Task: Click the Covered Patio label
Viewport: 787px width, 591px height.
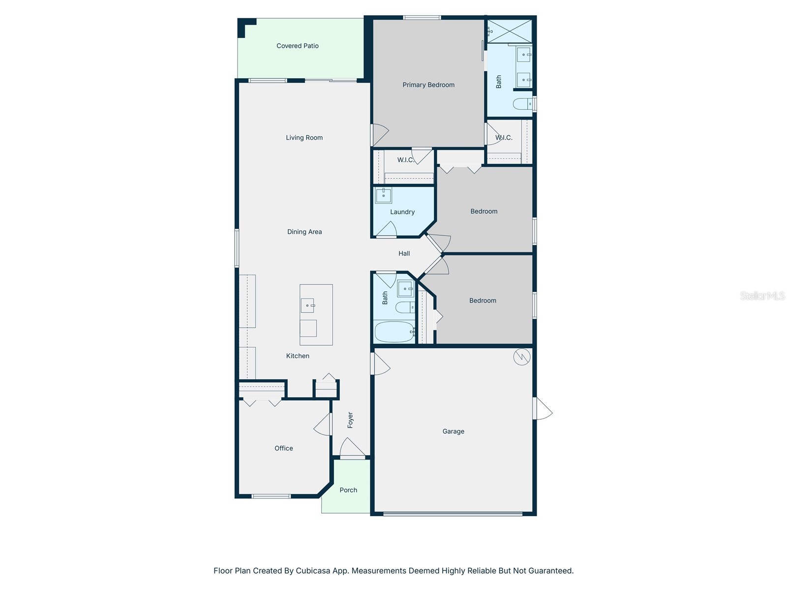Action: point(297,46)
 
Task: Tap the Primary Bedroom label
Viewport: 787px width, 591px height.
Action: point(428,85)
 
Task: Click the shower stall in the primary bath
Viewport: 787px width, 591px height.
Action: point(510,31)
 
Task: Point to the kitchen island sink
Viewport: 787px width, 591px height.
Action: point(307,305)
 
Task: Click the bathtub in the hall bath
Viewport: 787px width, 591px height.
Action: point(394,331)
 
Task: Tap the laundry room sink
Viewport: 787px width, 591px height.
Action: point(383,196)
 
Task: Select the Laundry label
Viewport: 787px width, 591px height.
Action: point(402,212)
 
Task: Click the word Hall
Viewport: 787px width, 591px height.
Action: point(404,253)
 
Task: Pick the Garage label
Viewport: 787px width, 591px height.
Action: point(453,431)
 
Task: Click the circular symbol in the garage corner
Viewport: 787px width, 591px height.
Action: point(521,357)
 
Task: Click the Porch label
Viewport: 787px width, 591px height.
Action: point(348,490)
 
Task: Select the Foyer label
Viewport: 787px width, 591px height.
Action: point(350,420)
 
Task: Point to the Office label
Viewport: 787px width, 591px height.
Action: point(284,448)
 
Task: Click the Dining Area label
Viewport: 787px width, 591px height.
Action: point(304,231)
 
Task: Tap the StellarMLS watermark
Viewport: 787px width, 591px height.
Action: point(762,295)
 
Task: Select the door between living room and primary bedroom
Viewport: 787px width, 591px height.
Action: point(379,134)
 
